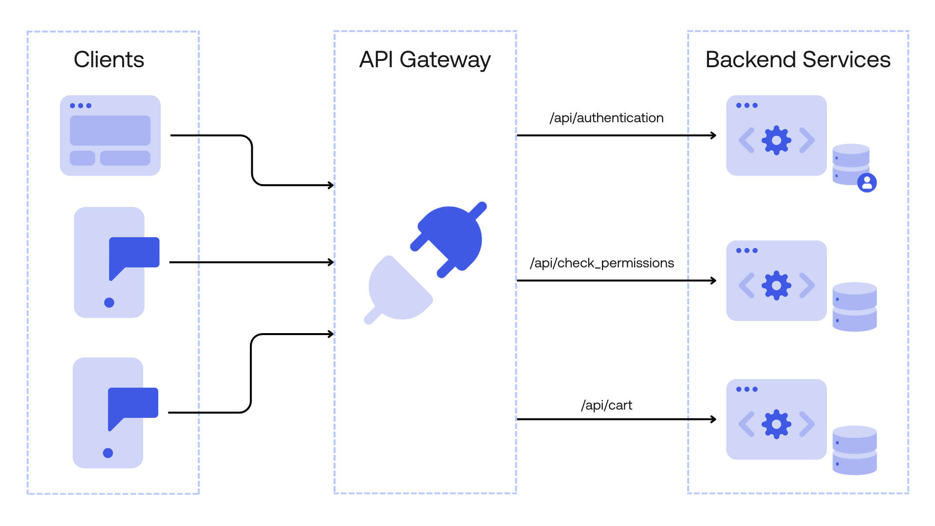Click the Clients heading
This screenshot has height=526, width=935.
tap(109, 59)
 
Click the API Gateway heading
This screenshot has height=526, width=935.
tap(425, 59)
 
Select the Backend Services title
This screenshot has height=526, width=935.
tap(798, 59)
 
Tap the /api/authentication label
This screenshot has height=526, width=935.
tap(606, 118)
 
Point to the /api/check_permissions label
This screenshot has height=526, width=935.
tap(602, 263)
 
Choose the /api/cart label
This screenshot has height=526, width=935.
tap(606, 405)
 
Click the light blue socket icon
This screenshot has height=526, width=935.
tap(397, 291)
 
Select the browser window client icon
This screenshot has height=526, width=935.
tap(110, 135)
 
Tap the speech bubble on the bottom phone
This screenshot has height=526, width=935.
tap(133, 404)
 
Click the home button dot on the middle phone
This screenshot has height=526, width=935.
tap(109, 302)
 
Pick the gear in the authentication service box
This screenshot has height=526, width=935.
tap(776, 140)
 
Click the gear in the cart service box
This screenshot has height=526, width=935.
tap(776, 424)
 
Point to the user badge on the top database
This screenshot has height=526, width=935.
tap(867, 183)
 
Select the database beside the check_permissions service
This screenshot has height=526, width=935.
tap(854, 307)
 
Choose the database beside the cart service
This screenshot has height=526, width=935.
tap(854, 450)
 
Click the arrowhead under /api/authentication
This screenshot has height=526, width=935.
tap(713, 135)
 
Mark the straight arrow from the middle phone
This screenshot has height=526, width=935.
tap(251, 262)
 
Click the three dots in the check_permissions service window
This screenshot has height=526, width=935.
tap(747, 250)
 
